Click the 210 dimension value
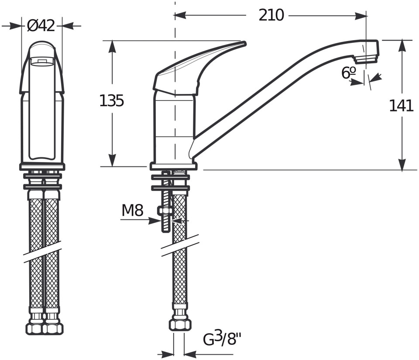271,15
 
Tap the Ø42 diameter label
41,26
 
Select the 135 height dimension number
111,101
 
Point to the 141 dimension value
401,106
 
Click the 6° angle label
348,73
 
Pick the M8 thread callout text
133,210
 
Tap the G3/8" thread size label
222,339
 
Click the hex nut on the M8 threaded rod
166,211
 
